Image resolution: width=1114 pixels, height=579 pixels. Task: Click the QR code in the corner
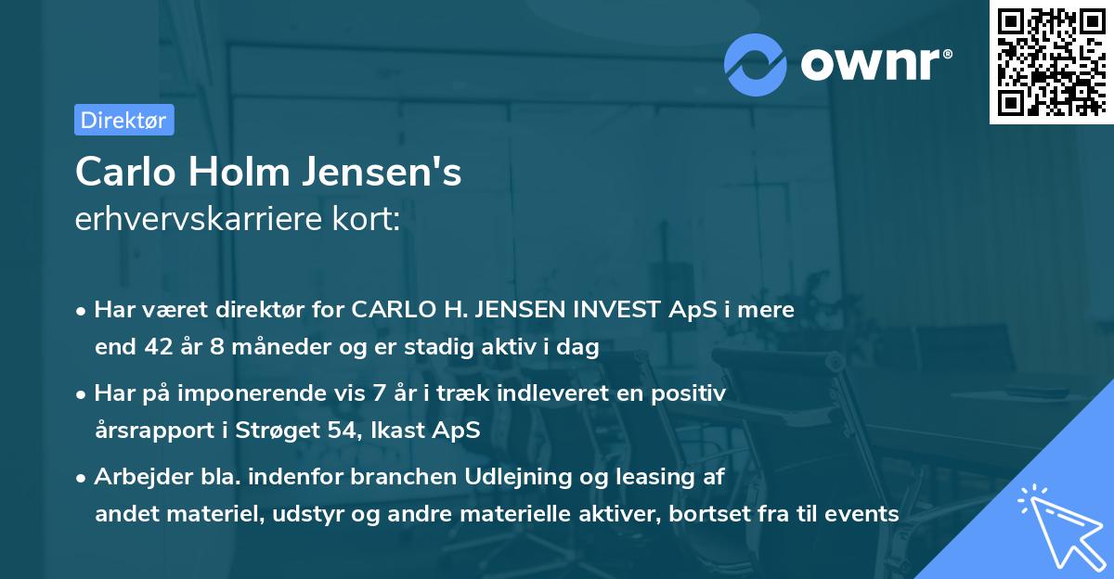[x=1051, y=62]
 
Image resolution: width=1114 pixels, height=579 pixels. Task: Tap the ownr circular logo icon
[x=756, y=64]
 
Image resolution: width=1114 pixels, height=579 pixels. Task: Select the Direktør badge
[x=123, y=120]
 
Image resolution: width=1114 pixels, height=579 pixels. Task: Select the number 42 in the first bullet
[x=176, y=348]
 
